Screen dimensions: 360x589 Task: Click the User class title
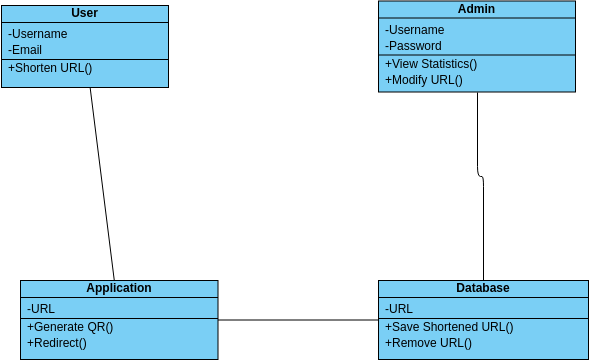click(x=85, y=13)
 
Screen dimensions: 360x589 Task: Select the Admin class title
click(x=476, y=9)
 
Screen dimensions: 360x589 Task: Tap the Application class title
click(x=119, y=288)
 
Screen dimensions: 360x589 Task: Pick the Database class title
click(x=483, y=288)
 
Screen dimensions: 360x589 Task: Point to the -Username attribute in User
click(x=39, y=33)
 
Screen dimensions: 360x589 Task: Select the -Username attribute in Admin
click(x=415, y=29)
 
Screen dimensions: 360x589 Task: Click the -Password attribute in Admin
click(x=414, y=45)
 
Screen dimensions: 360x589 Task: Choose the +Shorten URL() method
click(x=50, y=68)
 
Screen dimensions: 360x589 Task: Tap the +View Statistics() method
click(x=431, y=64)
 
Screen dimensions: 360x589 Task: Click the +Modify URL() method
click(x=424, y=80)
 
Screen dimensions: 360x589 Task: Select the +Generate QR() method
click(x=70, y=327)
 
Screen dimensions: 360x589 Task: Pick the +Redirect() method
click(x=57, y=343)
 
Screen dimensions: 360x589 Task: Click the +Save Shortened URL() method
click(x=449, y=327)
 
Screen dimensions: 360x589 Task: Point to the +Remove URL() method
click(x=428, y=343)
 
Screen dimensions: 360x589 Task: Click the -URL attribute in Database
click(x=399, y=308)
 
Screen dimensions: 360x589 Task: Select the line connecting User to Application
click(x=102, y=184)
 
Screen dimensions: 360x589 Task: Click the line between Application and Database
click(x=298, y=320)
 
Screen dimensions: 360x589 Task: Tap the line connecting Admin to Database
click(x=483, y=230)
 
